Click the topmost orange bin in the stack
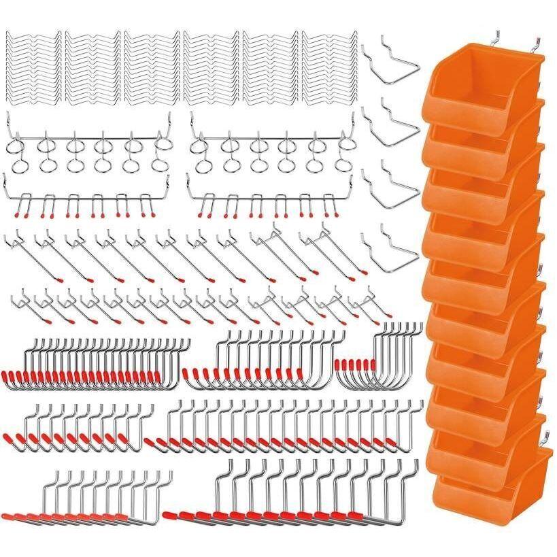pos(476,88)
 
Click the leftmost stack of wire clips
pos(32,68)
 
